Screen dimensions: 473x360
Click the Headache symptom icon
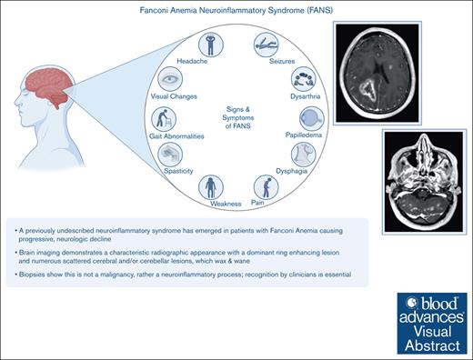(x=211, y=45)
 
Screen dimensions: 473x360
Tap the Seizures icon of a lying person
(x=266, y=45)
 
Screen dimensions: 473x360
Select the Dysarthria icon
(x=304, y=79)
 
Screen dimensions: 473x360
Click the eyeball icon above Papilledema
(x=312, y=118)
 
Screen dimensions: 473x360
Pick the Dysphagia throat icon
(x=304, y=155)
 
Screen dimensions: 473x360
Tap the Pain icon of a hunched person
(x=266, y=187)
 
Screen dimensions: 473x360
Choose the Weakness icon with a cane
(x=211, y=187)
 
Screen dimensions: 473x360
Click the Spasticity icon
(x=170, y=155)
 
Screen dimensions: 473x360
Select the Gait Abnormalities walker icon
(x=164, y=119)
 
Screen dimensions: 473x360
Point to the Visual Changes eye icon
(x=170, y=79)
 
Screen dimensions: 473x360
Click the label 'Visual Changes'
(x=174, y=96)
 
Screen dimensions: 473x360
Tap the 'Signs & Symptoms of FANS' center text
(x=238, y=117)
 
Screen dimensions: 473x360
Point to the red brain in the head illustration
(x=49, y=86)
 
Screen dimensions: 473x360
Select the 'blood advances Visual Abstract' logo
(x=432, y=324)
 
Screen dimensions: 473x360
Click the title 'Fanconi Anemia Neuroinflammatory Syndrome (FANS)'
(x=236, y=10)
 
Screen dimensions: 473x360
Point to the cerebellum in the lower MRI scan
(x=424, y=206)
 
